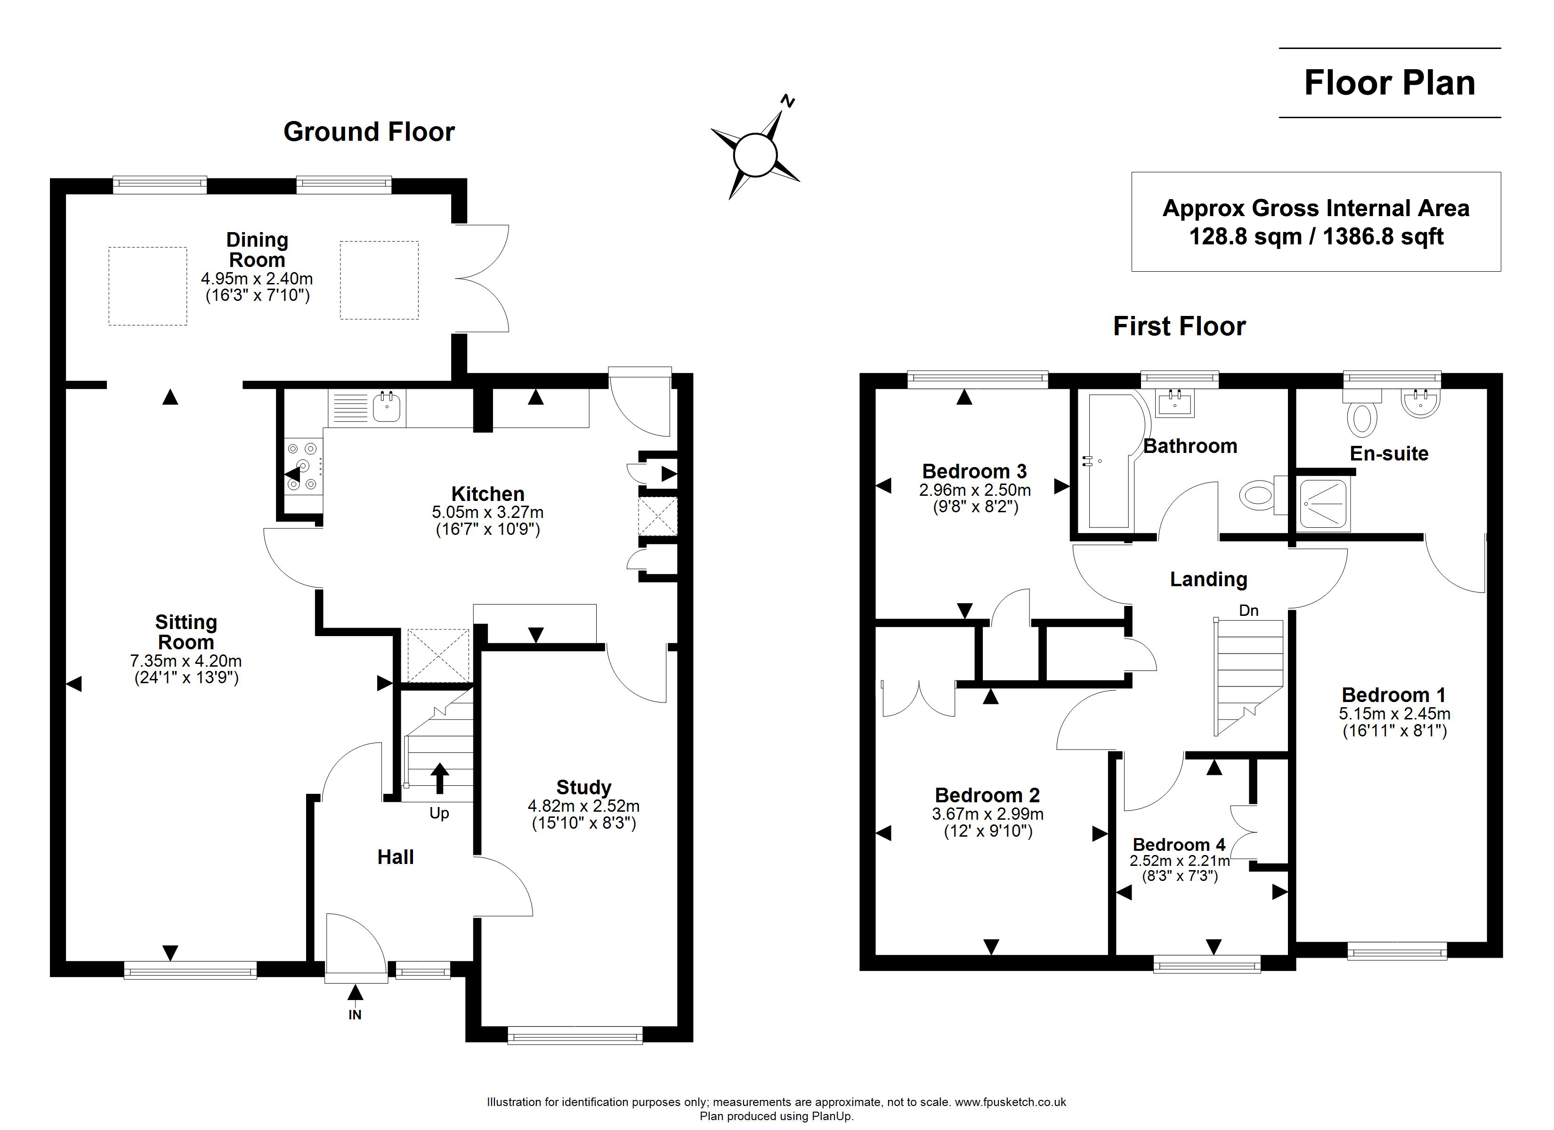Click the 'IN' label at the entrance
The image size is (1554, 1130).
(x=355, y=1015)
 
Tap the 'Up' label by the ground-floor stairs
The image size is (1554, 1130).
(x=439, y=814)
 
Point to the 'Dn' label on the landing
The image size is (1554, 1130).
(x=1249, y=611)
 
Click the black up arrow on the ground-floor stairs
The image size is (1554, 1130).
(x=439, y=778)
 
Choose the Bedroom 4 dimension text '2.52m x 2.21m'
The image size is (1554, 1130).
(x=1180, y=861)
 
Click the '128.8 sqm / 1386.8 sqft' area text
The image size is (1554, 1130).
(x=1316, y=236)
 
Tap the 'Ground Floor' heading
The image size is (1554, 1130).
(x=369, y=131)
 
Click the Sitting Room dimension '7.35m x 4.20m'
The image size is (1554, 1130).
(x=186, y=661)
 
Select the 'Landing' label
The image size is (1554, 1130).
(x=1209, y=580)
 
